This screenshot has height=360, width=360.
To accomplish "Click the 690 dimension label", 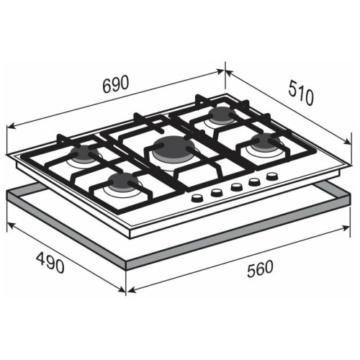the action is (116, 84).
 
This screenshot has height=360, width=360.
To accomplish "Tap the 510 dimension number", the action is (301, 93).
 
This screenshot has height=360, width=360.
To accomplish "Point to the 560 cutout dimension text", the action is (260, 269).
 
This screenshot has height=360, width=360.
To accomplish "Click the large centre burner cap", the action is (172, 147).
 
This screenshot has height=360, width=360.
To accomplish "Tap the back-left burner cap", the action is (84, 153).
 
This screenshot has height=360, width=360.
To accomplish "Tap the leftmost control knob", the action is (197, 197).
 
